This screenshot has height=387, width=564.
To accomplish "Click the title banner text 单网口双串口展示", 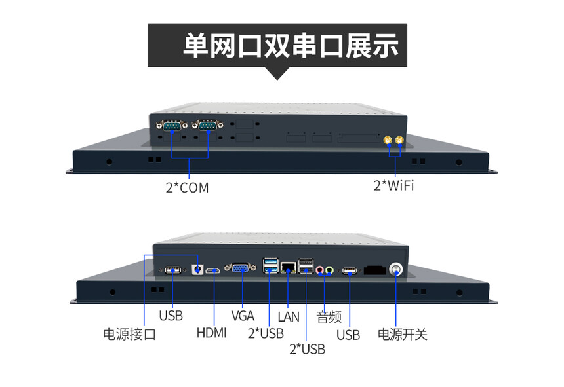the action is [291, 46].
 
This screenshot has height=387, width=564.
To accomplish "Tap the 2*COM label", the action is [187, 188].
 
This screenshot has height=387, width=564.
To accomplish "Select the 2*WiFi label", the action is [394, 185].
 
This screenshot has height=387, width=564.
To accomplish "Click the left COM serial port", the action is [172, 126].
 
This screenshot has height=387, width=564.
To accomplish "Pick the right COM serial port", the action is [207, 125].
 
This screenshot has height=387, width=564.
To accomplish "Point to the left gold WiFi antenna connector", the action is [388, 140].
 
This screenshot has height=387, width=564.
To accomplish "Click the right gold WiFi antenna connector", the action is [399, 140].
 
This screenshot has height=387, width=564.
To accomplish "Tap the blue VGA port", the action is [240, 268].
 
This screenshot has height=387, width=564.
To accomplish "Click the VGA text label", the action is [243, 316].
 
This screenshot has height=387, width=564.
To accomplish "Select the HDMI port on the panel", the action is [213, 270].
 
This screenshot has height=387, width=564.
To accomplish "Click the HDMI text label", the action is [211, 333].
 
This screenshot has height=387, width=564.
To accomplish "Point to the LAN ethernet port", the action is [288, 267].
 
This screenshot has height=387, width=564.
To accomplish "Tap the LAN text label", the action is [289, 317].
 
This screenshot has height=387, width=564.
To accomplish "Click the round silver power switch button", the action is [396, 269].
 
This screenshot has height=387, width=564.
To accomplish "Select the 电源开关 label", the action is [403, 334].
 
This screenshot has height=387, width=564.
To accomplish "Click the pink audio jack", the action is [319, 270].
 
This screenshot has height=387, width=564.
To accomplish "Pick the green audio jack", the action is [329, 270].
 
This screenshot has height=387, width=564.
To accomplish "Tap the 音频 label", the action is [329, 317].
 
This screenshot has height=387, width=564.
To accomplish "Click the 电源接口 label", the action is [129, 334].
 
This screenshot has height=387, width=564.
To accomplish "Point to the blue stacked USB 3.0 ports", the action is [270, 265].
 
